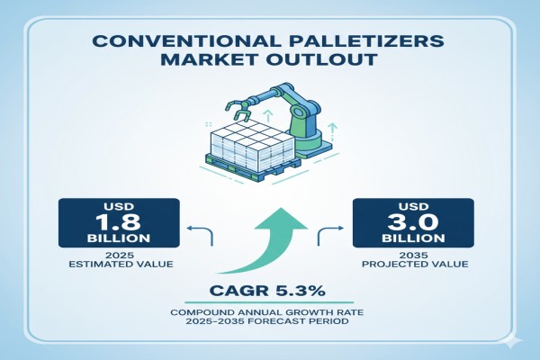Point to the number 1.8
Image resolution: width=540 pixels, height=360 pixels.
click(x=118, y=221)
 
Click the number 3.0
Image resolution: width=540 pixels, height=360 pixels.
click(x=413, y=221)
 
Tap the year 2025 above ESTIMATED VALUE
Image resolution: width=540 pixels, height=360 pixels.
click(x=120, y=256)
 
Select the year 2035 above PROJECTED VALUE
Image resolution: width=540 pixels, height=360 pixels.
click(x=414, y=256)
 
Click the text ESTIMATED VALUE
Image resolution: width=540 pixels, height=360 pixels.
click(x=121, y=265)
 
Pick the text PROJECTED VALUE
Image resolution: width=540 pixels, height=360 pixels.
click(x=415, y=265)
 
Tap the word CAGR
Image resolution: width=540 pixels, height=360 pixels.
click(x=239, y=291)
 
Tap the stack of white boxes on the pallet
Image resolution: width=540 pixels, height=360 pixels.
click(x=252, y=144)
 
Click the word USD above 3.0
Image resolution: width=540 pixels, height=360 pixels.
click(x=413, y=206)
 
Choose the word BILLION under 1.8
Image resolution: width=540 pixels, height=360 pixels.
click(x=119, y=238)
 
